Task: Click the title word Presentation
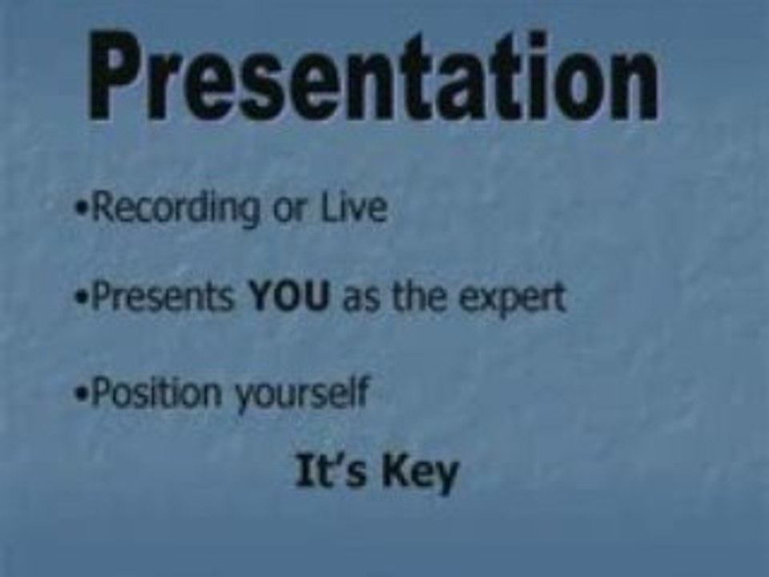[x=373, y=76]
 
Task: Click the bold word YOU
[x=289, y=297]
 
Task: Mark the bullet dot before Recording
[x=81, y=211]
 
